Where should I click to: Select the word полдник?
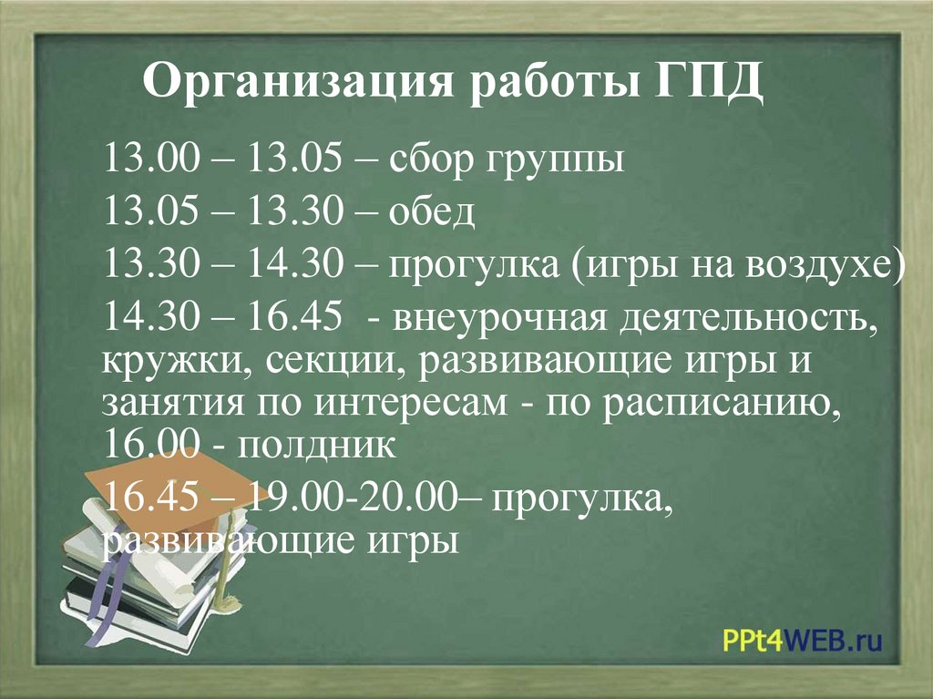coord(318,446)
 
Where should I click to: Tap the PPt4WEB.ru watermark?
coord(803,639)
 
